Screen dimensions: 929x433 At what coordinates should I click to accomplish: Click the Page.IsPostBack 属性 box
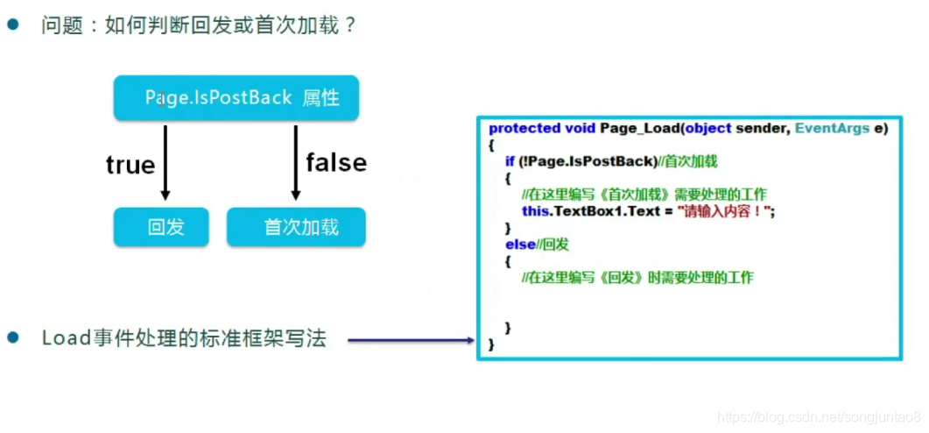click(x=236, y=98)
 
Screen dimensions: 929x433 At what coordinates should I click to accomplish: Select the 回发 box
click(x=161, y=227)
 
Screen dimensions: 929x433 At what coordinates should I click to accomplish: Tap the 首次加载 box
click(x=296, y=227)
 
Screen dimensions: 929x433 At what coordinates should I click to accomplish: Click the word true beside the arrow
click(x=130, y=165)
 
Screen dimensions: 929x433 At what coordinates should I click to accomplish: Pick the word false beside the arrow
click(x=335, y=162)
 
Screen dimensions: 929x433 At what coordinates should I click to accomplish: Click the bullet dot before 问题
click(x=13, y=25)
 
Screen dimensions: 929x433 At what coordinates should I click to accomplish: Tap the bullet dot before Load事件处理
click(x=13, y=338)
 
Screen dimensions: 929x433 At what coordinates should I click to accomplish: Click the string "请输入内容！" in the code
click(x=726, y=211)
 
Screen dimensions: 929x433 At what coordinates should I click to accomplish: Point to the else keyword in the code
click(x=519, y=244)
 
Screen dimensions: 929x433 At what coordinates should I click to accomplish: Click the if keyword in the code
click(x=510, y=161)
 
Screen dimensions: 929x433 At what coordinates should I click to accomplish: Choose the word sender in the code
click(x=765, y=129)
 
